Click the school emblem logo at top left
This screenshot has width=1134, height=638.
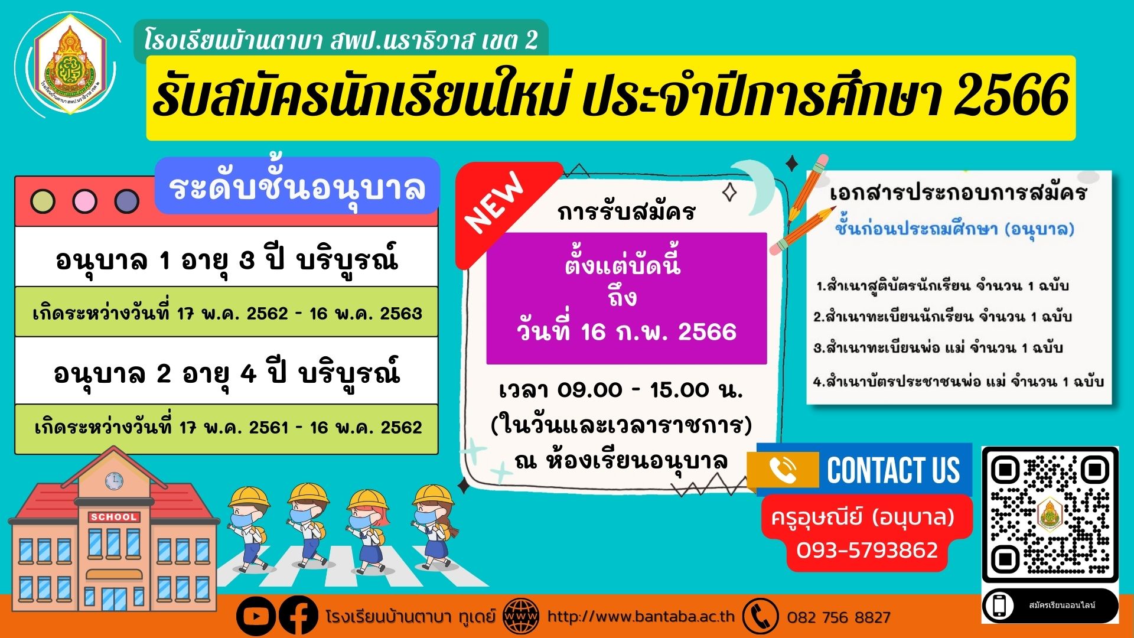(x=70, y=64)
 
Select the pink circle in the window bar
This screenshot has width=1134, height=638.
(x=84, y=201)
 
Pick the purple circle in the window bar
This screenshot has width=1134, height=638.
(x=126, y=201)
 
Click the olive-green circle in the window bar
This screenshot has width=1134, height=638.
(x=43, y=201)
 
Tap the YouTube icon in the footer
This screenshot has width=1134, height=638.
(x=256, y=617)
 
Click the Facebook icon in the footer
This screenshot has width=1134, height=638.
(x=298, y=617)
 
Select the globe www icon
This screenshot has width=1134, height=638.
(x=521, y=617)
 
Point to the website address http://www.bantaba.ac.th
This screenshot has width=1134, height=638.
(x=641, y=617)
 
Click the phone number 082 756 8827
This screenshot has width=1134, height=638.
(x=839, y=618)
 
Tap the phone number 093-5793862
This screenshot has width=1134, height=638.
(x=867, y=551)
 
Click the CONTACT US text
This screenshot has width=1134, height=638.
(x=894, y=470)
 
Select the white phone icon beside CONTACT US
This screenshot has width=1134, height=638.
(x=783, y=470)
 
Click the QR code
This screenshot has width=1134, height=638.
(x=1050, y=514)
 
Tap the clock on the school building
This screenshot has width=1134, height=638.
(x=114, y=481)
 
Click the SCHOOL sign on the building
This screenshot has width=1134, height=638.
(x=114, y=517)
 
